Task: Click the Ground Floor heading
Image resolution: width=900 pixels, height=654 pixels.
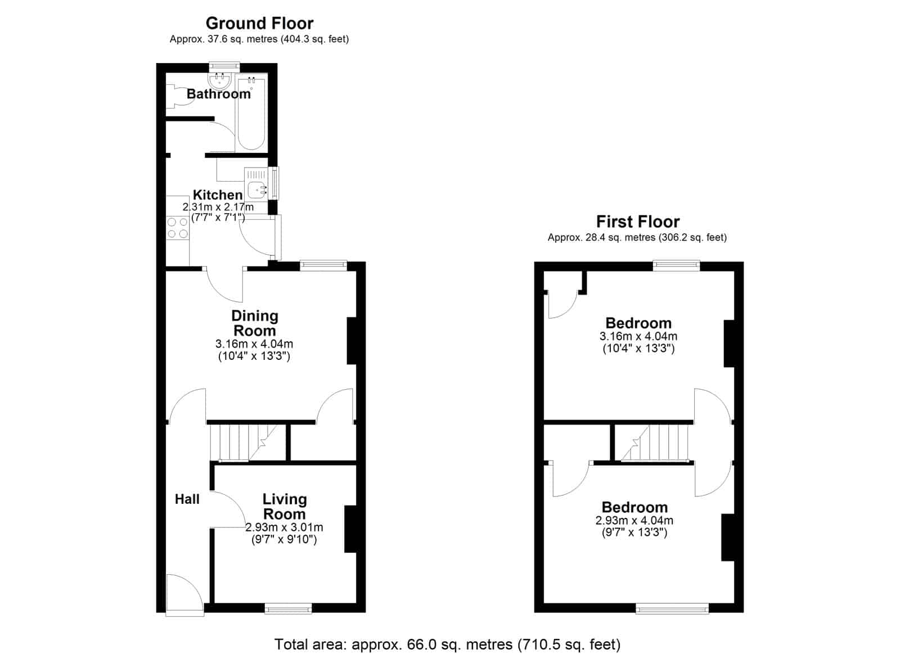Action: pos(259,23)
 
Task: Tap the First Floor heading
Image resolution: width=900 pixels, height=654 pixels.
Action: pos(638,222)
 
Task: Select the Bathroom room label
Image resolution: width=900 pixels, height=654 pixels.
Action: pos(219,93)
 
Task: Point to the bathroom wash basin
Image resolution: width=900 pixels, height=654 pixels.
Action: pos(219,80)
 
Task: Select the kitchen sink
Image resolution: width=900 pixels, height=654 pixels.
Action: pos(256,184)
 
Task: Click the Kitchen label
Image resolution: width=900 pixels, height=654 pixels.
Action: pos(218,195)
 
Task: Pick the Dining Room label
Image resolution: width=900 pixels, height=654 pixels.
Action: pos(255,323)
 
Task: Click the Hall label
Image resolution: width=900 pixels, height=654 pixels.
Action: pos(187,499)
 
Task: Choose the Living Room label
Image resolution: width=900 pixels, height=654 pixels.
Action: pos(285,507)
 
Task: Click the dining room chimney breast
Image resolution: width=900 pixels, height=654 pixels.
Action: pos(352,341)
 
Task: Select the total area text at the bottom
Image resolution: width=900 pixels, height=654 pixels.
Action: pos(448,644)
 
